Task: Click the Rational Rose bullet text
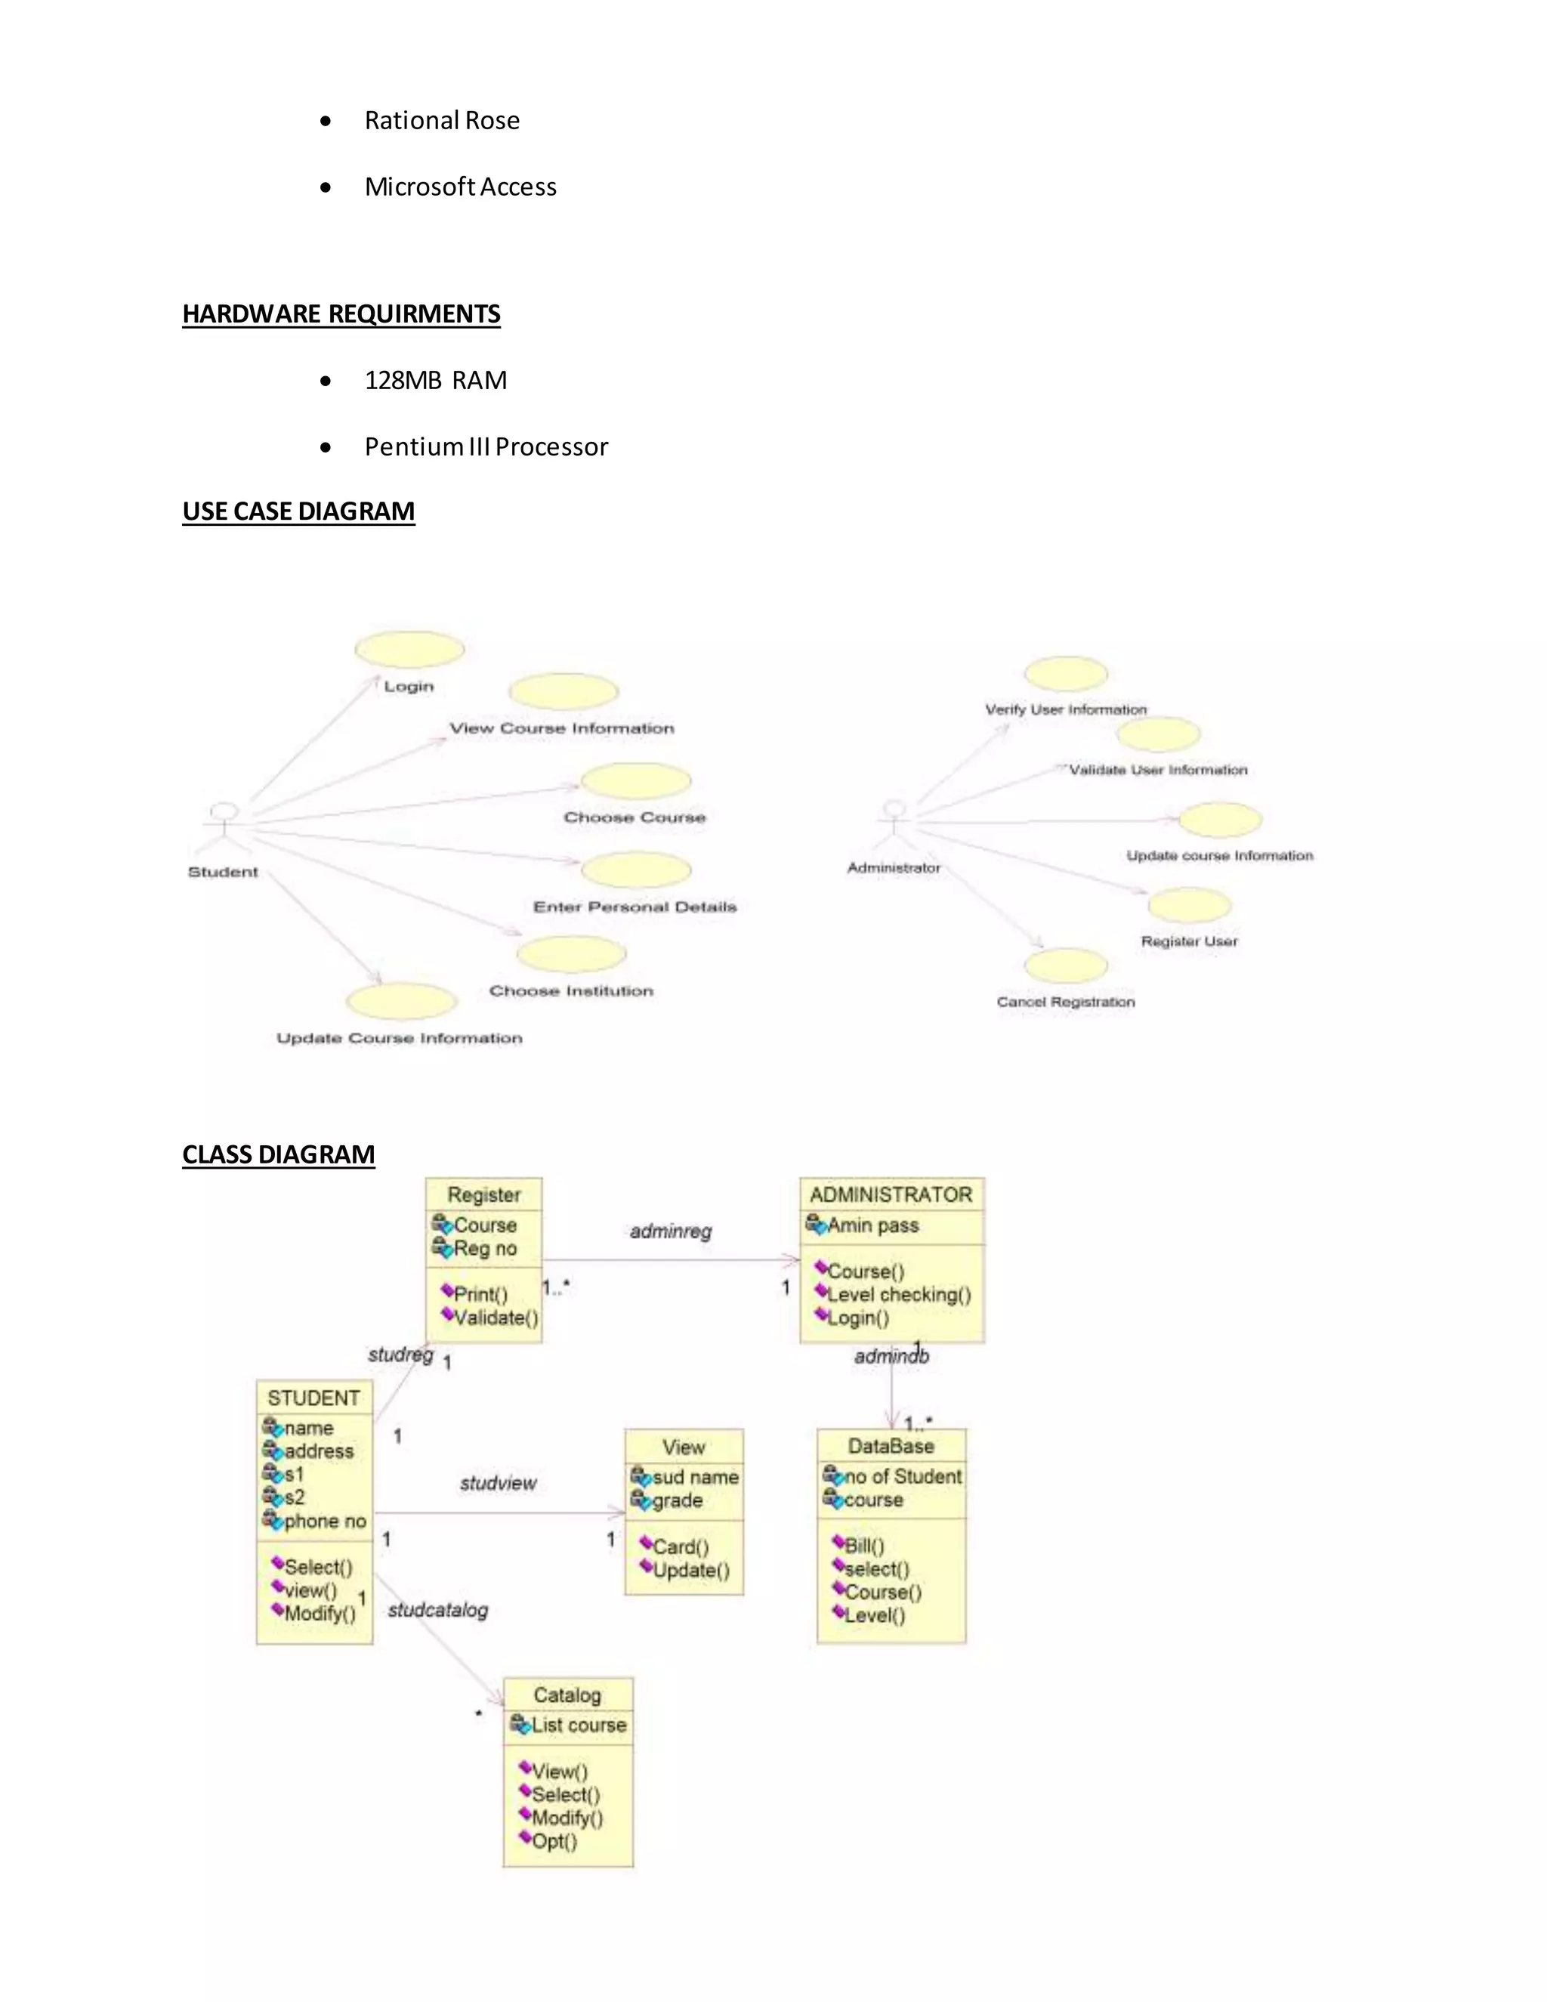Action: tap(442, 120)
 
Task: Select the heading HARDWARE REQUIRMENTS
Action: tap(341, 314)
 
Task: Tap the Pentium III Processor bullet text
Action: tap(486, 446)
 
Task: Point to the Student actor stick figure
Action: tap(223, 828)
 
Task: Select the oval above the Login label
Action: tap(409, 650)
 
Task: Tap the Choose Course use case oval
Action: tap(635, 781)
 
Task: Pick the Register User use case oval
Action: tap(1189, 906)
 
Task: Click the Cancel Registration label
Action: tap(1065, 1002)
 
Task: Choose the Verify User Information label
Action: tap(1065, 709)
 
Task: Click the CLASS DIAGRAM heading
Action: tap(278, 1154)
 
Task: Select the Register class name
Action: tap(484, 1194)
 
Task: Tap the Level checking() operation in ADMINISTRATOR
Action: tap(898, 1294)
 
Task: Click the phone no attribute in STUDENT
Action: tap(324, 1521)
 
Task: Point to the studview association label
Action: tap(498, 1483)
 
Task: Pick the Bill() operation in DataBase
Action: tap(863, 1546)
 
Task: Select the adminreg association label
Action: tap(670, 1231)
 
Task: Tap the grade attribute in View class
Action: tap(678, 1500)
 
